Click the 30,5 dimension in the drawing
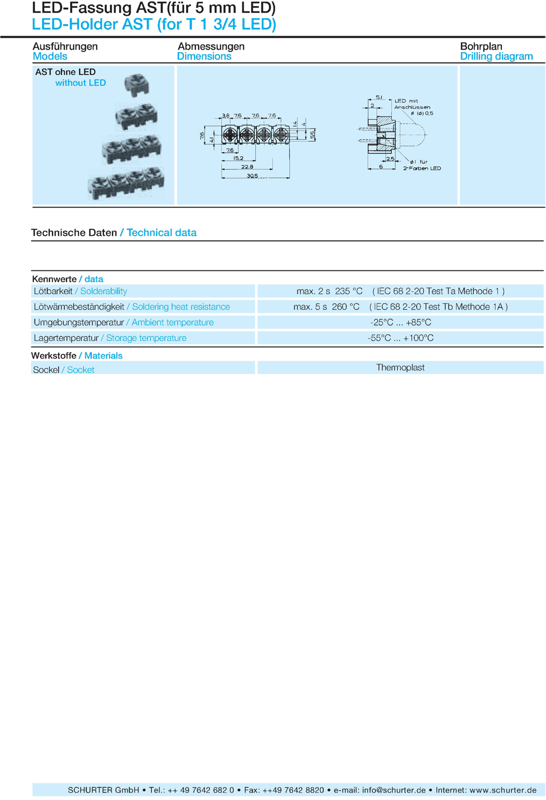point(252,176)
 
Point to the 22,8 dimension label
point(247,167)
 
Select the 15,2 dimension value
point(238,158)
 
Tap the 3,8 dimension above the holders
point(225,116)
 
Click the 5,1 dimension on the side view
point(379,97)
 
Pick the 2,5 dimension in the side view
point(390,159)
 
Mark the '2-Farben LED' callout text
point(422,168)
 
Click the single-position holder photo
point(136,85)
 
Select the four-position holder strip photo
point(127,184)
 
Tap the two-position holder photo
point(136,117)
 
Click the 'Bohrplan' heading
point(481,47)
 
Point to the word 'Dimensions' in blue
point(204,56)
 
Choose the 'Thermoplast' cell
point(400,368)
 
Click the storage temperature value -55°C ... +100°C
point(400,338)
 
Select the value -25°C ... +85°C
point(400,322)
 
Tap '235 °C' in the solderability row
point(349,291)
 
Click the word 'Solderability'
point(104,291)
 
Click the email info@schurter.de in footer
point(393,790)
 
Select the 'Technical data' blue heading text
point(162,233)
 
